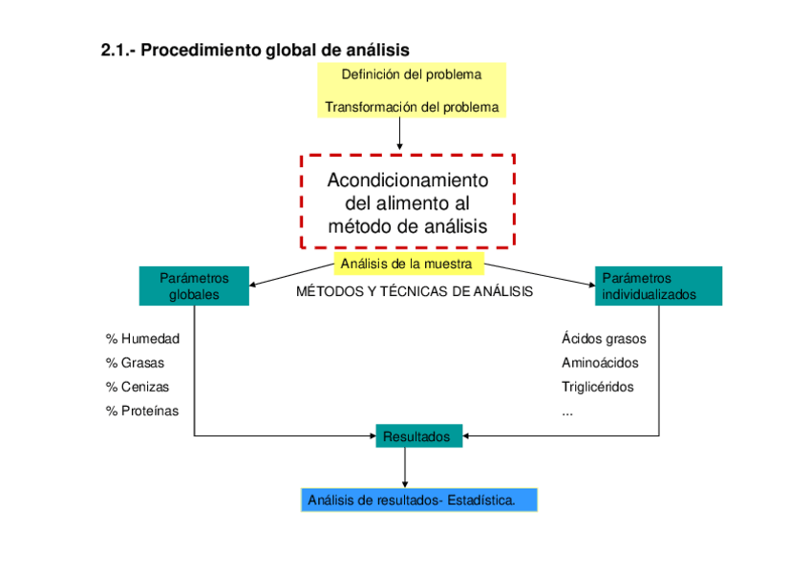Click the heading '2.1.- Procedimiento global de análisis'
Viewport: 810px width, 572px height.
[255, 49]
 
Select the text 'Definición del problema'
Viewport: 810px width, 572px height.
[411, 74]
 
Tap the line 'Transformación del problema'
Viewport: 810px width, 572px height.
[412, 107]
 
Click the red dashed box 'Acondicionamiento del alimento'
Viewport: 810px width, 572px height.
[408, 202]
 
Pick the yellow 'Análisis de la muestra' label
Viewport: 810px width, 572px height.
[407, 264]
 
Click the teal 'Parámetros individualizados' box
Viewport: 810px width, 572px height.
[658, 286]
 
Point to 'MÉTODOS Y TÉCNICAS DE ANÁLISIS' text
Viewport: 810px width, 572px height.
[416, 291]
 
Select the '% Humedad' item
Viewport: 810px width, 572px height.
[142, 338]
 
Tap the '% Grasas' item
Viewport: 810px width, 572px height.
[135, 363]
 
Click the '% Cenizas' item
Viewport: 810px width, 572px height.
[138, 387]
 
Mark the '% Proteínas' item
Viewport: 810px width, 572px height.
[142, 411]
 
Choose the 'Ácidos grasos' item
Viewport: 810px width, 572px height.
[604, 338]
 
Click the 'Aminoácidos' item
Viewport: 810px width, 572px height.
[600, 363]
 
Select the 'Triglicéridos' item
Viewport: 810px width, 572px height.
[597, 387]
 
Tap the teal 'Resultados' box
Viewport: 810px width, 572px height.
[419, 436]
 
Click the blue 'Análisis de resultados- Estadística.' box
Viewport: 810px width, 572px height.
[418, 499]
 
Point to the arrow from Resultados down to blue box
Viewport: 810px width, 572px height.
[405, 468]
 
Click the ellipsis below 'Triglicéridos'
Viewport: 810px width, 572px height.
[567, 411]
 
